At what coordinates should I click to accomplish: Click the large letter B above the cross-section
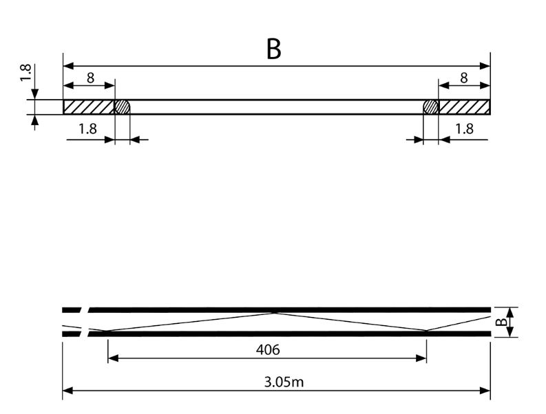pos(273,49)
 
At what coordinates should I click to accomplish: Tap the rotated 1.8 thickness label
pos(26,73)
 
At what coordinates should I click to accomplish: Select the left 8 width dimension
pos(90,78)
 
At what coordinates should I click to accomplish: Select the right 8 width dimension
pos(463,78)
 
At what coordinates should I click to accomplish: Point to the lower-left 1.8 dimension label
pos(87,129)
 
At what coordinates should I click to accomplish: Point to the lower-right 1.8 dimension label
pos(465,129)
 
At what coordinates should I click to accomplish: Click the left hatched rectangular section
pos(89,107)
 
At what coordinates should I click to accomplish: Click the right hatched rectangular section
pos(465,107)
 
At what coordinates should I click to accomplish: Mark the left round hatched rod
pos(123,107)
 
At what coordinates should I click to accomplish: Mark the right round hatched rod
pos(431,107)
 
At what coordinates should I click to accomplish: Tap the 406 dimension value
pos(268,349)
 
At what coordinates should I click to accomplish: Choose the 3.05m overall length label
pos(284,382)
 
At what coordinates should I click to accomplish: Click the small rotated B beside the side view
pos(501,322)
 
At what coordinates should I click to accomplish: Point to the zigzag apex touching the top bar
pos(275,313)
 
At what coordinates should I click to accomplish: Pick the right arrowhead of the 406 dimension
pos(421,358)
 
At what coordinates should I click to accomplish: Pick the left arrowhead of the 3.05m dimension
pos(68,391)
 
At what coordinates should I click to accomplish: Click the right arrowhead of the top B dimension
pos(485,66)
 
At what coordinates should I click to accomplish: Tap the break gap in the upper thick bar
pos(85,310)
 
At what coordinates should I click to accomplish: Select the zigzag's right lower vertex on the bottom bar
pos(426,331)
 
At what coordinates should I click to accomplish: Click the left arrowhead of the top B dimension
pos(69,66)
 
